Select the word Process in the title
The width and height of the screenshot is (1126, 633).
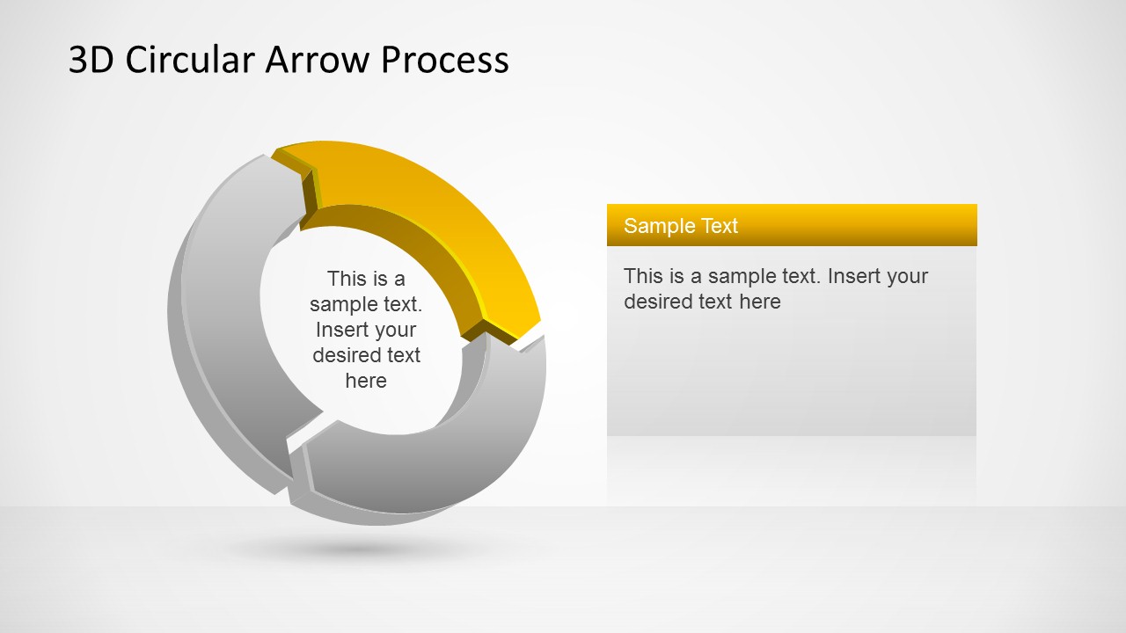point(444,60)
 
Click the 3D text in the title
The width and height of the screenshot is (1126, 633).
point(91,60)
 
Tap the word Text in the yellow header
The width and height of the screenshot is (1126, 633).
point(720,226)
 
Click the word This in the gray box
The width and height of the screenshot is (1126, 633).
point(643,276)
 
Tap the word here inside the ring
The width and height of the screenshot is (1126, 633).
point(366,381)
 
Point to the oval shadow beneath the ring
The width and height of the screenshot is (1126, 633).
point(352,550)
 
